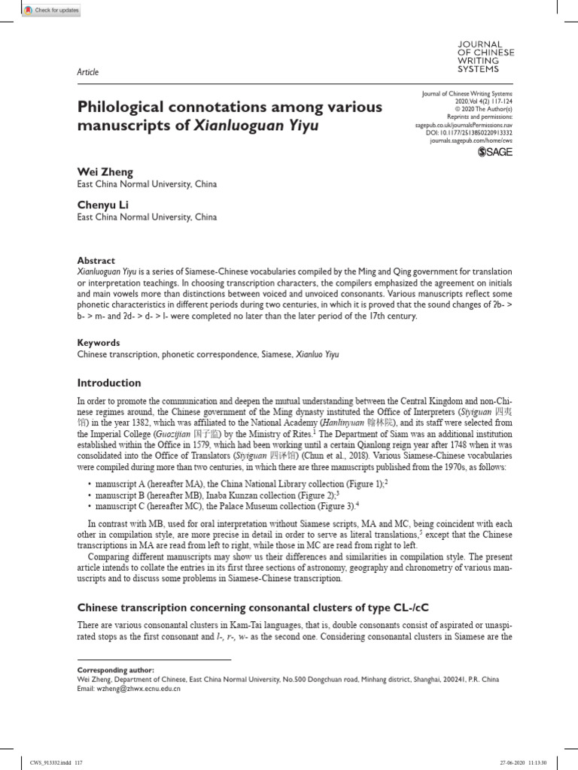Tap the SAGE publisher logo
coord(496,153)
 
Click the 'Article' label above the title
coord(88,72)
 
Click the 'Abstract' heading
coord(96,260)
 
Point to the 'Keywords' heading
coord(99,342)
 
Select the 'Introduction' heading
coord(109,383)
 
